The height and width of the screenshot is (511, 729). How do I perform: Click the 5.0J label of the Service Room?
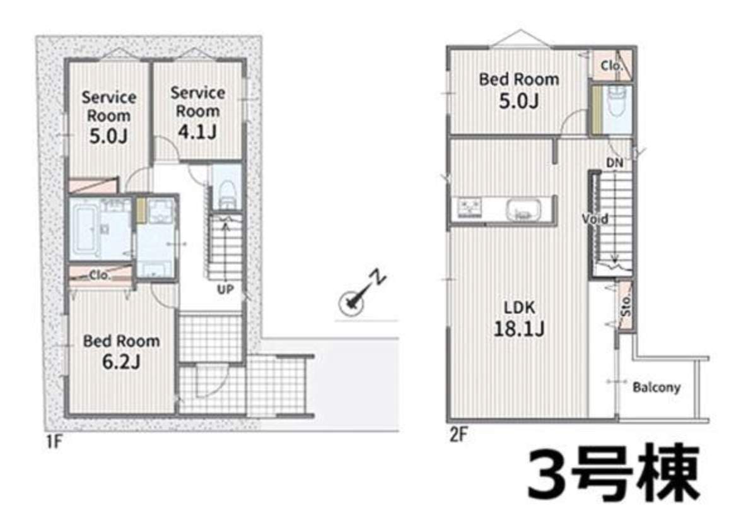click(x=108, y=136)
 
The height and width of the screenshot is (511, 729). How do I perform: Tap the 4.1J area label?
click(x=197, y=132)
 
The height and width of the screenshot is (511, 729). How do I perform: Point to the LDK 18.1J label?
click(x=519, y=318)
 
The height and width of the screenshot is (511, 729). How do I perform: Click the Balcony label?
click(x=656, y=387)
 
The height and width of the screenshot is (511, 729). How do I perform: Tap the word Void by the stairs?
click(x=595, y=218)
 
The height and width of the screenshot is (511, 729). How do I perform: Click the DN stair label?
click(x=615, y=163)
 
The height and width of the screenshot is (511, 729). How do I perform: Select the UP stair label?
click(x=226, y=289)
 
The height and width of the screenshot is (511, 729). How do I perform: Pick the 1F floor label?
click(x=54, y=441)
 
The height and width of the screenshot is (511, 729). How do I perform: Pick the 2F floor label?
click(x=458, y=435)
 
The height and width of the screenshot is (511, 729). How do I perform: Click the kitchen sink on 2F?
click(x=524, y=209)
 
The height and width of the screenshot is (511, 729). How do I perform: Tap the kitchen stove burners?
click(x=470, y=208)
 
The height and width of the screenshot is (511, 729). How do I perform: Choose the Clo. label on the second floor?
click(x=611, y=66)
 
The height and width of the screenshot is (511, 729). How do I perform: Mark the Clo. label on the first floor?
click(x=100, y=275)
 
